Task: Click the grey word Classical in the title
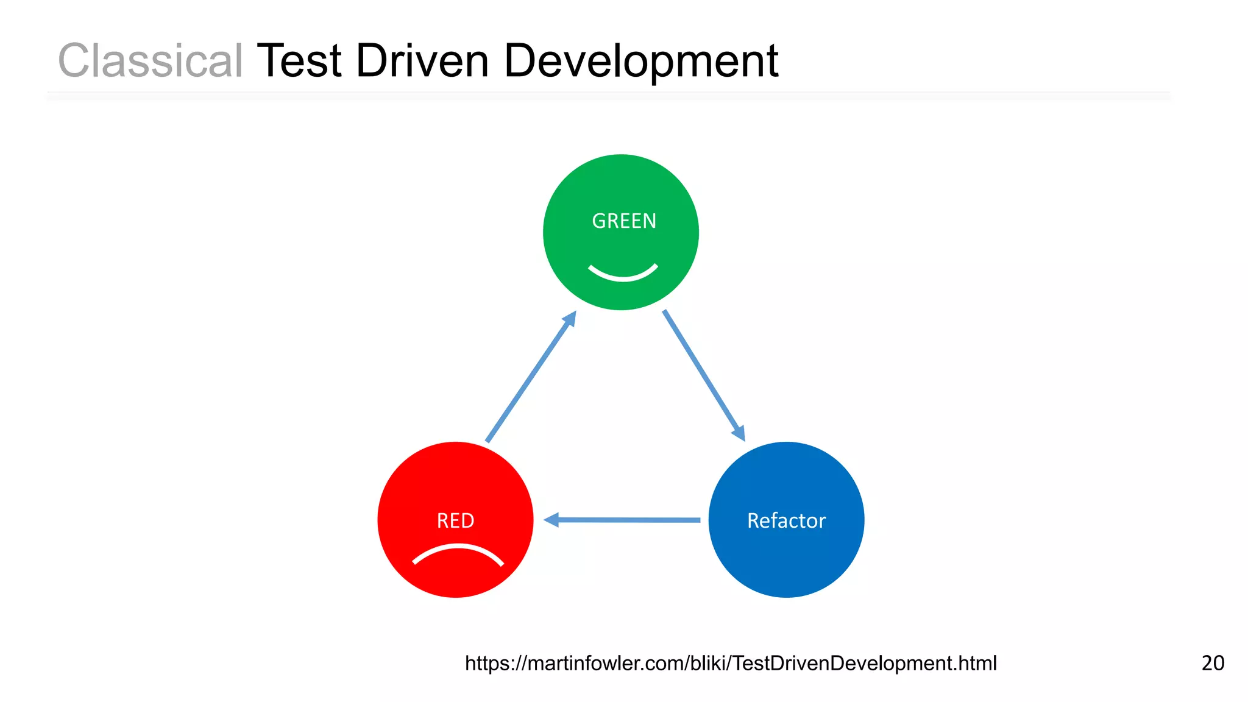[x=150, y=61]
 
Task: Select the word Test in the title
[x=299, y=61]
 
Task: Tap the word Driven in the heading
[x=422, y=61]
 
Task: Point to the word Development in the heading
[x=641, y=62]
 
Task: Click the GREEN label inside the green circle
[x=624, y=221]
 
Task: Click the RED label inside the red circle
[x=455, y=520]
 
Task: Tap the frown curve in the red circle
[x=458, y=551]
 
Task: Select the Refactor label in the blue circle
[x=786, y=520]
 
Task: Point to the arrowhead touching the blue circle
[x=739, y=433]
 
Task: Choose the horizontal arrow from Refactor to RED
[x=628, y=520]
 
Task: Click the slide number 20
[x=1213, y=663]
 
